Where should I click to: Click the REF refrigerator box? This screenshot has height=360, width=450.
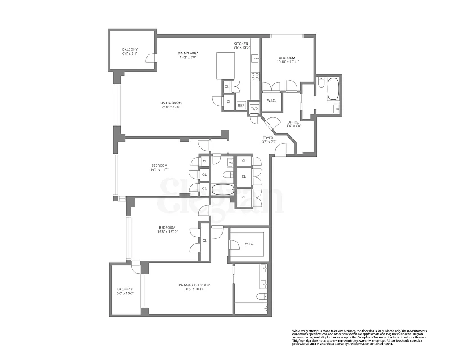(x=241, y=106)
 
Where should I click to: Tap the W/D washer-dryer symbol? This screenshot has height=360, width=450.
(x=254, y=108)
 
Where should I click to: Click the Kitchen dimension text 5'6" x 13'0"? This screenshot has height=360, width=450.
(x=241, y=47)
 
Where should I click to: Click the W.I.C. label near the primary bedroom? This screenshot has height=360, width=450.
(x=249, y=244)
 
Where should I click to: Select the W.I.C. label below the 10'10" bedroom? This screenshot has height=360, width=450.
(x=271, y=100)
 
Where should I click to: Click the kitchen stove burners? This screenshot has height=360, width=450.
(x=255, y=76)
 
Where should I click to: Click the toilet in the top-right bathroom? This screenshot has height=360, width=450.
(x=321, y=83)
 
